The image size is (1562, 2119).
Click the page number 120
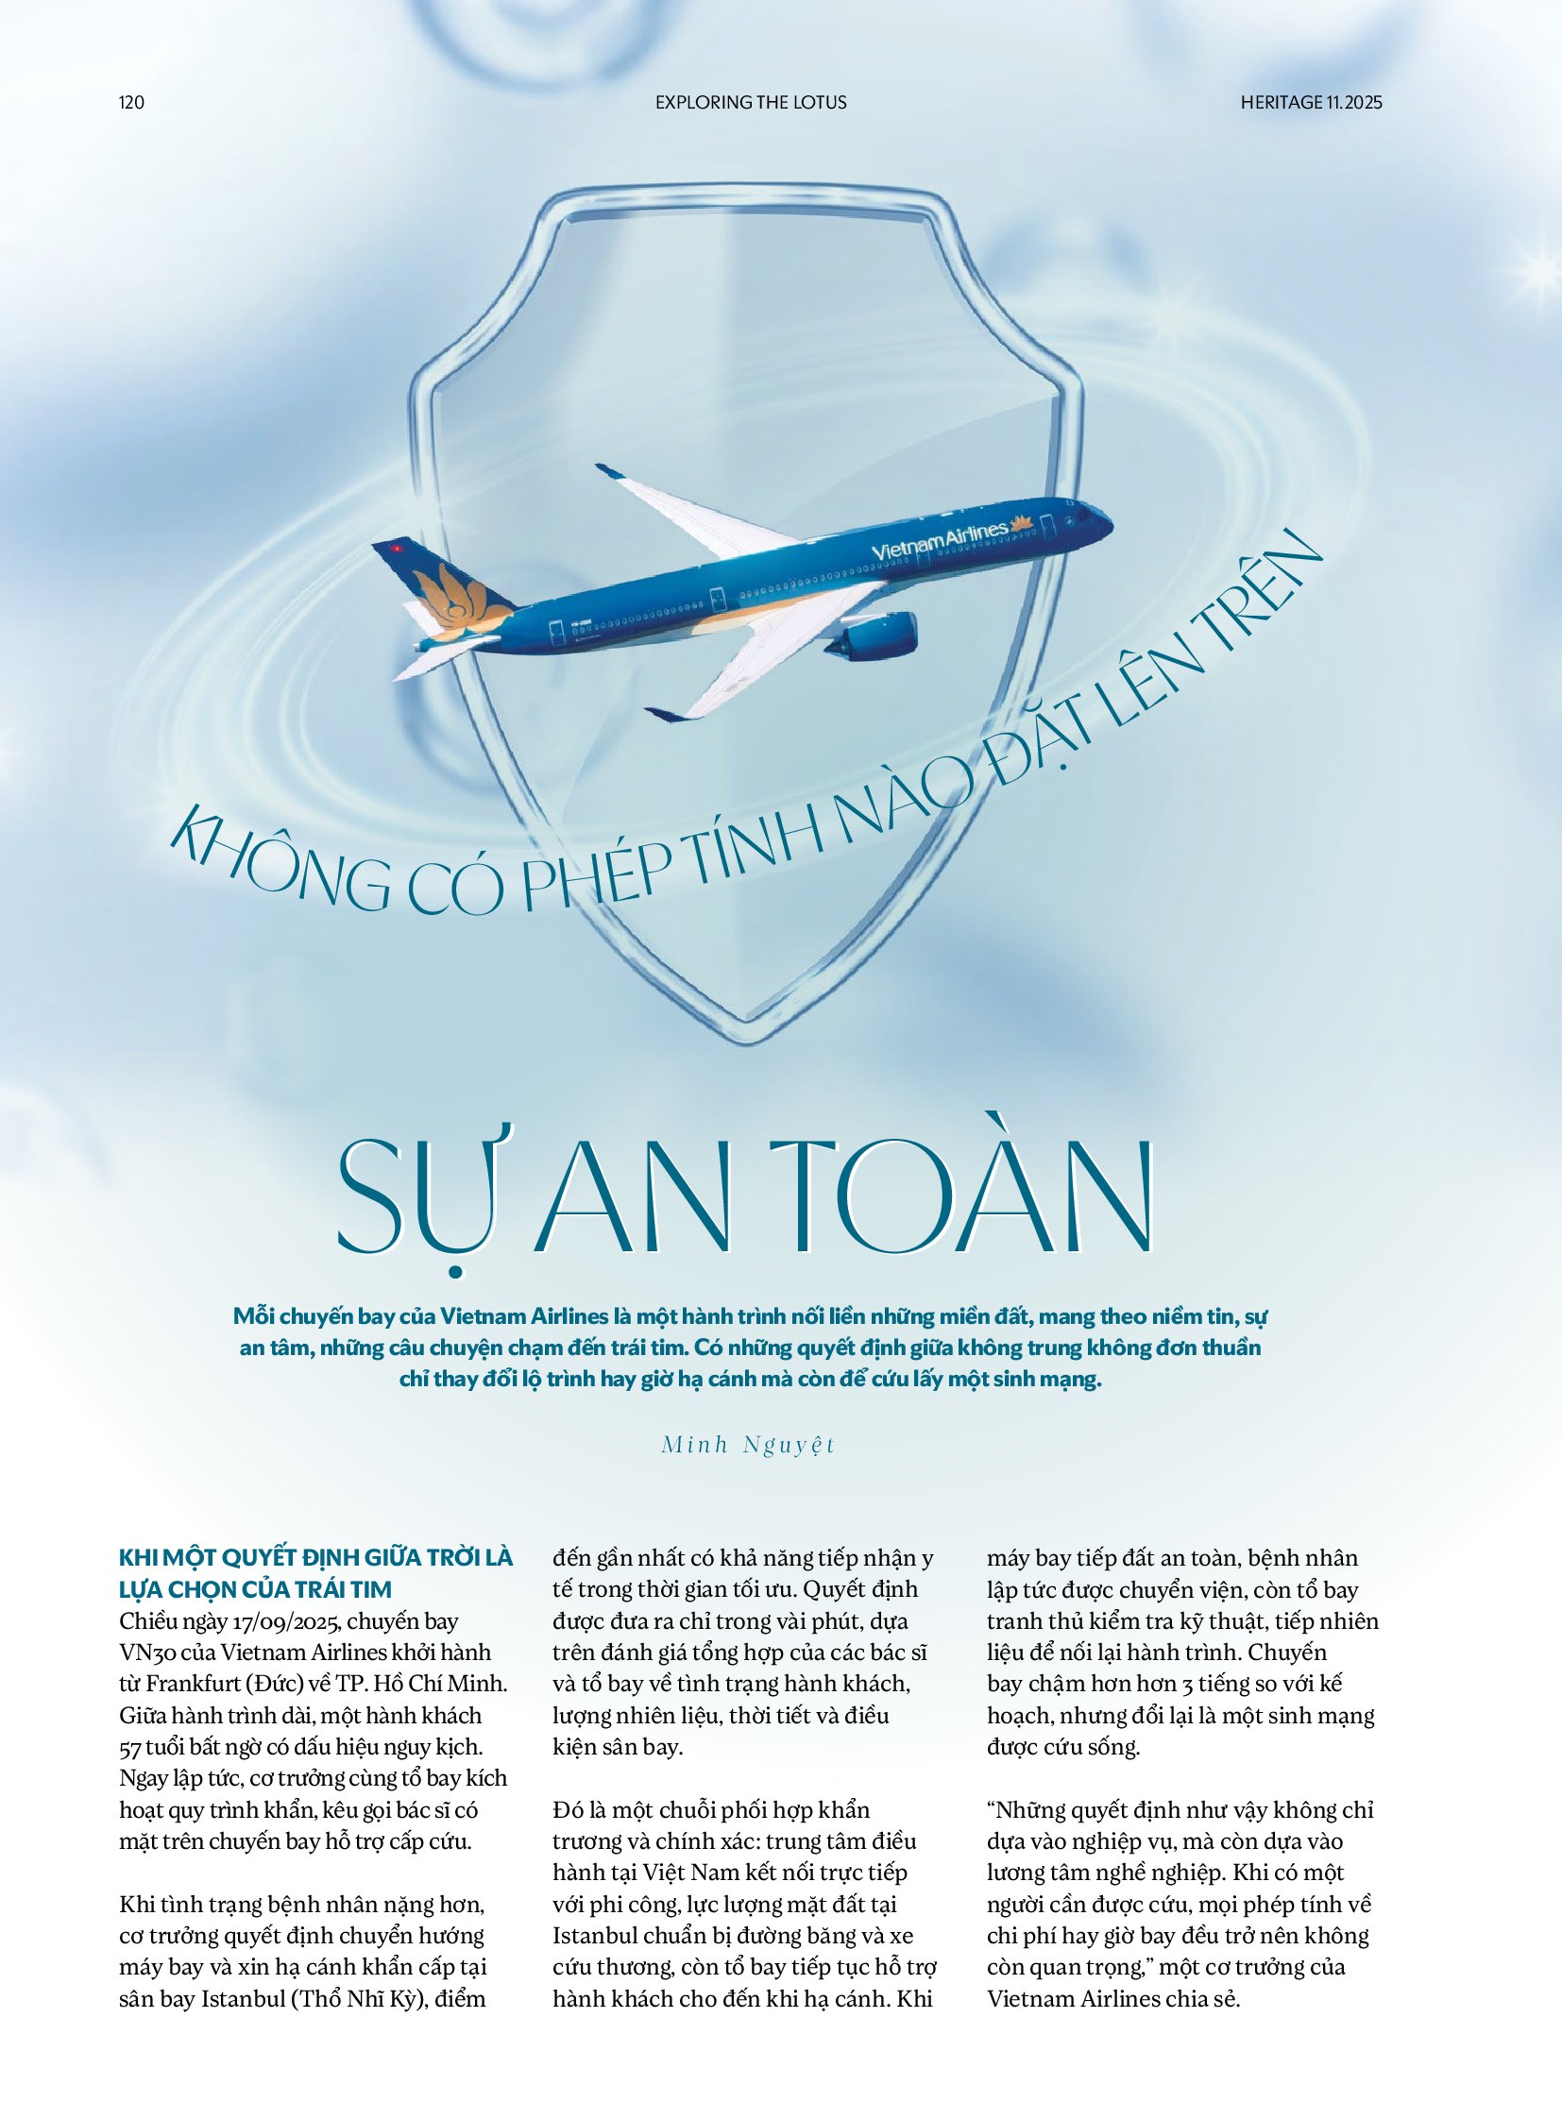pos(131,102)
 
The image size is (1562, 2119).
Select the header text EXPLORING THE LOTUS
pos(751,102)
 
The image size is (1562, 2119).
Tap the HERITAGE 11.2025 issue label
pos(1311,102)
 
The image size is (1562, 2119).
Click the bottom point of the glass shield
pos(748,1040)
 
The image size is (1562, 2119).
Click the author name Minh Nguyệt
pos(748,1445)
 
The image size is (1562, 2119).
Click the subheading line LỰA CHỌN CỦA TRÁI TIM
pos(255,1589)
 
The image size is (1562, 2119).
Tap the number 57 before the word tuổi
pos(129,1747)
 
